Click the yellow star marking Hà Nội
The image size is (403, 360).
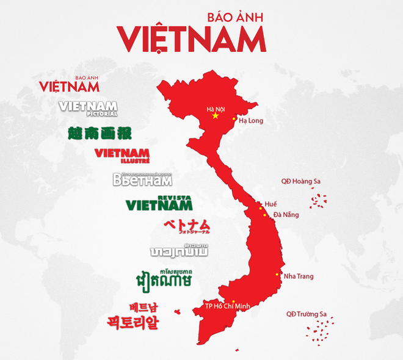click(x=215, y=115)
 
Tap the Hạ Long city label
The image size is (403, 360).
click(x=251, y=121)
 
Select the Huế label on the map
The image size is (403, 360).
click(x=270, y=204)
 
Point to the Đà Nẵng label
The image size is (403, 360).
click(x=285, y=215)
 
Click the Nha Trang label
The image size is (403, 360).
click(x=299, y=276)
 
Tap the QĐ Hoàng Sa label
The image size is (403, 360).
click(x=300, y=181)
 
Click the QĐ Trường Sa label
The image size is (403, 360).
click(x=307, y=314)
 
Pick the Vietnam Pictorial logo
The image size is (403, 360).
click(x=88, y=108)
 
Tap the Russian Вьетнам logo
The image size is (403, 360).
click(x=142, y=179)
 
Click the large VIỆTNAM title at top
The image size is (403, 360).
click(x=192, y=38)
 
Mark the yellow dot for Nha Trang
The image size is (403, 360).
click(x=278, y=274)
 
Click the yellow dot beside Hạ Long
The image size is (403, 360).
click(x=234, y=118)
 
